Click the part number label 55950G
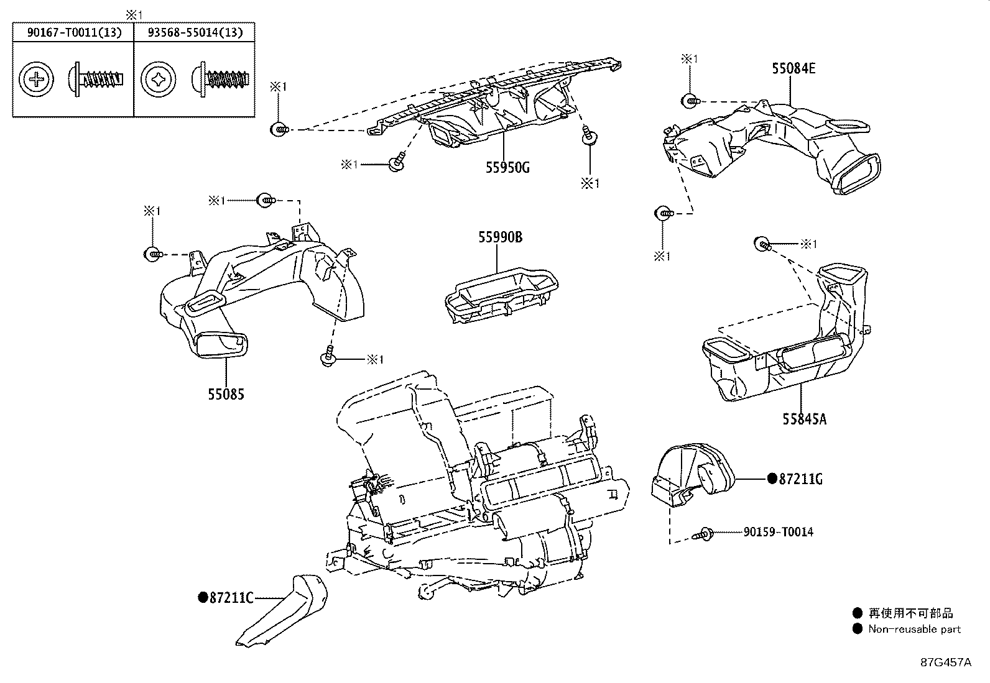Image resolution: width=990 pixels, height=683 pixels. click(507, 167)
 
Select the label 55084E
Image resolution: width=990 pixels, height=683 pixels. click(793, 68)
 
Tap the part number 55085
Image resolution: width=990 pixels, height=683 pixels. click(226, 394)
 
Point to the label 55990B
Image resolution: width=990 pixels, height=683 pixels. click(500, 237)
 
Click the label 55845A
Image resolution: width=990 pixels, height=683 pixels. click(804, 419)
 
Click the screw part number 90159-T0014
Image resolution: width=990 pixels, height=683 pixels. click(778, 532)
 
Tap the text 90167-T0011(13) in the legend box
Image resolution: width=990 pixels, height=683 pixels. click(73, 32)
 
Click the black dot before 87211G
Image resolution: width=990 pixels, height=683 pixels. click(772, 479)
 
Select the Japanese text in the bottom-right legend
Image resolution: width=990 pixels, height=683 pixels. click(910, 613)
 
